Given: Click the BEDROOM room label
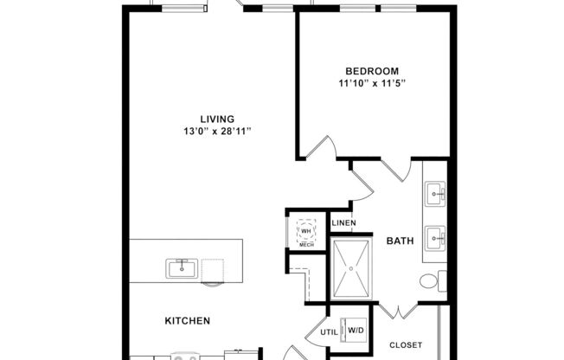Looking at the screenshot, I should coord(371,70).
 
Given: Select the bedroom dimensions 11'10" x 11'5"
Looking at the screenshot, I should coord(372,83).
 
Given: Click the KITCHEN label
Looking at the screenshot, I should coord(188,321).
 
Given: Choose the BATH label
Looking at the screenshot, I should coord(399,240).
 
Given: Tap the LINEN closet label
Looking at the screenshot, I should coord(343,224).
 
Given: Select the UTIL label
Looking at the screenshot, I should coord(329,331).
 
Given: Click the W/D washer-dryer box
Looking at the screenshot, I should coord(356,330).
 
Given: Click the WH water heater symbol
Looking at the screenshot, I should coord(306,230).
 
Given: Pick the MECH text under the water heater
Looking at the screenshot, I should coord(306,246).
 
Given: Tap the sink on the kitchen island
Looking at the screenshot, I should coord(183,267).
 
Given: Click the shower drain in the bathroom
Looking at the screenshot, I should coord(350,268).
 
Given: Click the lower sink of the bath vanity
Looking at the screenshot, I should coord(435,235).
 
